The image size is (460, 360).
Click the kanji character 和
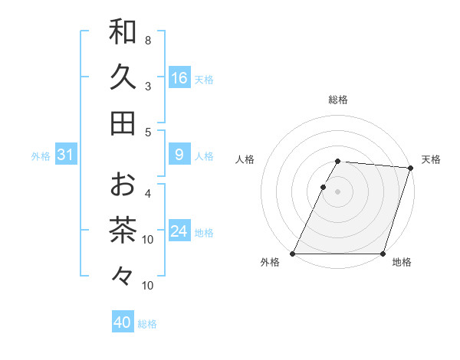123,31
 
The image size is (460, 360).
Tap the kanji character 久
123,77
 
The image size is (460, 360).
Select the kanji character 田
123,123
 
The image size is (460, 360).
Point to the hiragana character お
123,184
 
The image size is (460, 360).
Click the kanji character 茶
123,230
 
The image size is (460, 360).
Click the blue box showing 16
179,78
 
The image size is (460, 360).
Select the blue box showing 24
179,231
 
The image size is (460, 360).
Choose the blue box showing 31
66,155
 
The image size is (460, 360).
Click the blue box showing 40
123,322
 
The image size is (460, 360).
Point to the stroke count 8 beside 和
148,40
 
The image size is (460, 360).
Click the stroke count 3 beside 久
148,86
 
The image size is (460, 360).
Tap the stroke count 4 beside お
148,193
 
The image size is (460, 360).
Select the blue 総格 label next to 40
148,324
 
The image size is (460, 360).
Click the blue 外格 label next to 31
41,156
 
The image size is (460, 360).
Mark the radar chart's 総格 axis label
338,100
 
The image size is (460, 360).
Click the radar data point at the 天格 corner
411,168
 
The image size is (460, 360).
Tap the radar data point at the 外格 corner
293,254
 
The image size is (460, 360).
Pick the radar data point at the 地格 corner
383,254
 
